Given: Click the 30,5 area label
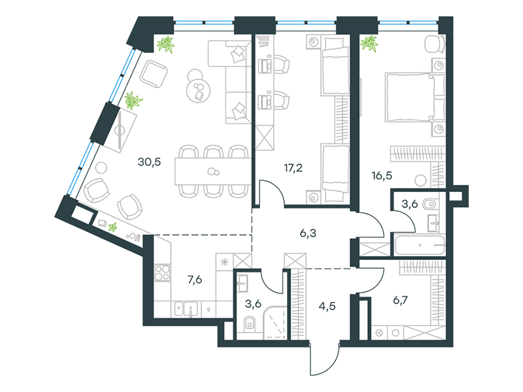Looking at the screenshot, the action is tap(149, 162).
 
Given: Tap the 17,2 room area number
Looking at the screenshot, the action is tap(293, 168).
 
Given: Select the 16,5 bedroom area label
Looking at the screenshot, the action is tap(382, 175).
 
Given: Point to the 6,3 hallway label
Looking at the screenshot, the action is tap(308, 233).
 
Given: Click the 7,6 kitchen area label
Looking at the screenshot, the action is tap(195, 280).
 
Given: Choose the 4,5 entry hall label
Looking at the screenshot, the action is tap(328, 306).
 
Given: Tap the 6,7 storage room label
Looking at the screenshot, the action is tap(400, 301).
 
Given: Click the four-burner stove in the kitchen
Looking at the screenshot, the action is tap(162, 272).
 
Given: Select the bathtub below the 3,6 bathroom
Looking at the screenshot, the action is tap(420, 245).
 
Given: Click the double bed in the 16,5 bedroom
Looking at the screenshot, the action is tap(415, 97).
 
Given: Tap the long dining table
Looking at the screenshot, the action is tap(213, 171).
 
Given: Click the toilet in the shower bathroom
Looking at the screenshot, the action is tap(249, 323).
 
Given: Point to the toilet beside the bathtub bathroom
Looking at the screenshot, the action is tap(430, 204).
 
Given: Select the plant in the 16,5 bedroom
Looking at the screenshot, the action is tap(369, 44).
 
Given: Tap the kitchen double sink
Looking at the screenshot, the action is tap(186, 309).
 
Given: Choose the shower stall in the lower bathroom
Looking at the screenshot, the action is tap(275, 322).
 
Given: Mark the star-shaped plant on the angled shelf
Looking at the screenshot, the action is tap(112, 227).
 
